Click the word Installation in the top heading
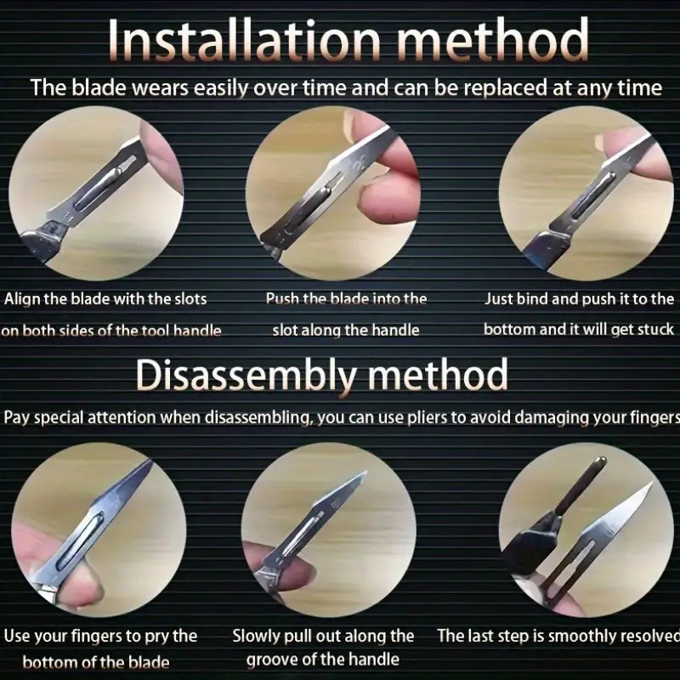click(x=244, y=40)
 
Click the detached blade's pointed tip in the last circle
click(x=652, y=482)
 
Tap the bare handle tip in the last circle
click(x=601, y=461)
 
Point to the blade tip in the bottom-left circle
click(x=151, y=462)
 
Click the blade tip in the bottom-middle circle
click(x=365, y=473)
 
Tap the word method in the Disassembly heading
click(x=438, y=374)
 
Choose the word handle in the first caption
click(x=197, y=331)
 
